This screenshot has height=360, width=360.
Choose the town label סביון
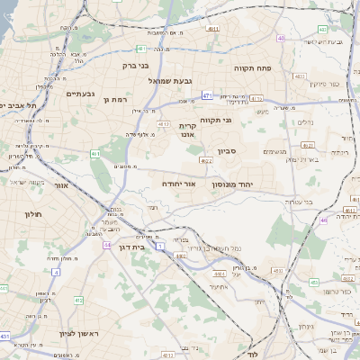coord(225,152)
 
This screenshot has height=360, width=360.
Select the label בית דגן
coord(131,245)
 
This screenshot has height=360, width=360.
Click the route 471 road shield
coord(207,94)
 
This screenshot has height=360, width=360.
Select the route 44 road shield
coord(107,244)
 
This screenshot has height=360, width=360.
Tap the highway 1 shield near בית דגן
coord(160,245)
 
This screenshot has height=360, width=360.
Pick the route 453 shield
coord(314,282)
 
